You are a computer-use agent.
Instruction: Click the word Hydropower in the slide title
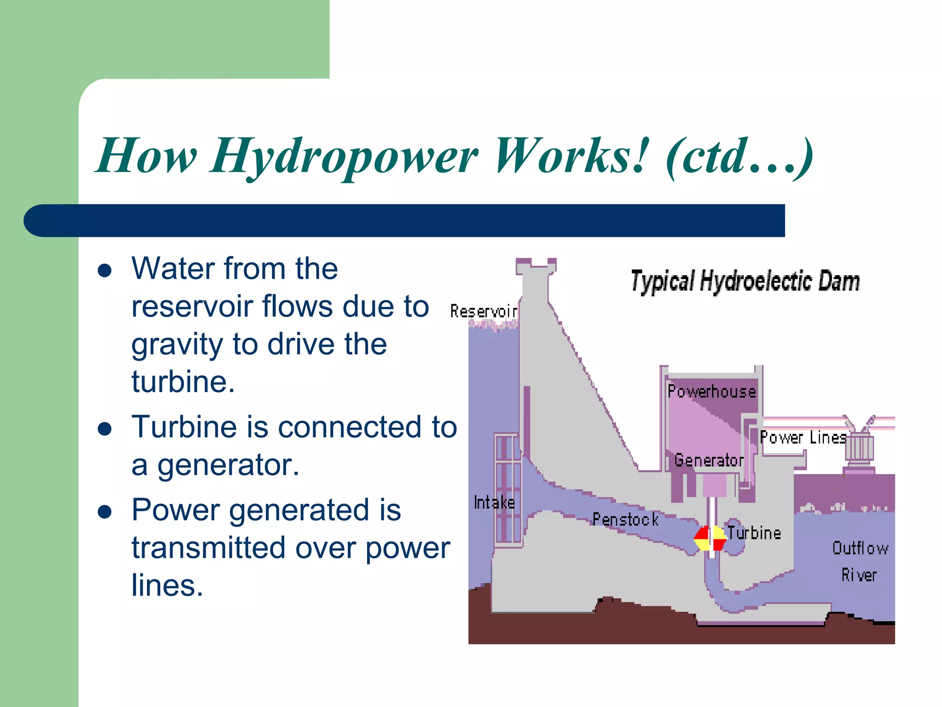pos(344,156)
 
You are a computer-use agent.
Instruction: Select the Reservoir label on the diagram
pos(483,312)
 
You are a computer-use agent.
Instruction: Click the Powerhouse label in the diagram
pos(712,392)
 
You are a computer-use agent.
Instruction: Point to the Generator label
pos(709,460)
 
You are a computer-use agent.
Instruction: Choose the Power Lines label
pos(803,438)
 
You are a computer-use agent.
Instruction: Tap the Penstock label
pos(625,520)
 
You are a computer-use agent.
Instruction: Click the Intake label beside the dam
pos(494,503)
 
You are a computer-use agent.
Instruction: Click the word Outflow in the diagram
pos(860,548)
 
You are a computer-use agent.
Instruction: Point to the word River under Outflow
pos(859,575)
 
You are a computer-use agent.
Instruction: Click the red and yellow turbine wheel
pos(710,539)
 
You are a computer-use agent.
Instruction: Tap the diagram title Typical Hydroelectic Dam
pos(745,281)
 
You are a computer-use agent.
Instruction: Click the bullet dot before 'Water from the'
pos(105,270)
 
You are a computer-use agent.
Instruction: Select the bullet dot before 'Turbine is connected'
pos(105,429)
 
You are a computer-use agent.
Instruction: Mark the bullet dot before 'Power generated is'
pos(105,512)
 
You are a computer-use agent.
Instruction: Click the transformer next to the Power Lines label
pos(859,446)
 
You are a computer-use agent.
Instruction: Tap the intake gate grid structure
pos(508,488)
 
